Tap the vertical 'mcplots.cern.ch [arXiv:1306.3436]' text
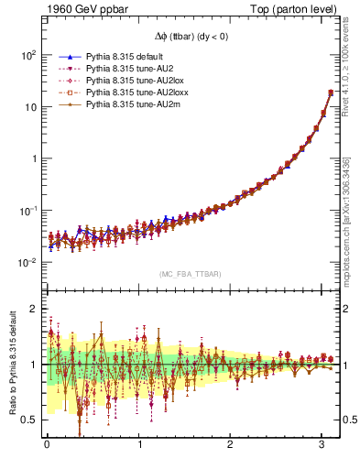pos(352,211)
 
